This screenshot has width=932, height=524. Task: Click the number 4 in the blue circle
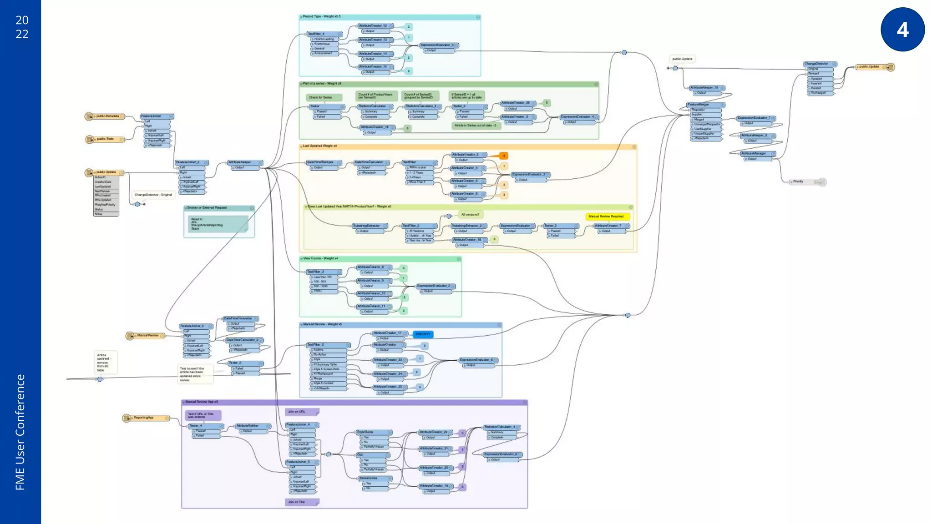pyautogui.click(x=902, y=30)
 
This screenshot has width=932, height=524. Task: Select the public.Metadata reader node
pyautogui.click(x=106, y=116)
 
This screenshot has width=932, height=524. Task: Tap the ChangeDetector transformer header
pyautogui.click(x=819, y=64)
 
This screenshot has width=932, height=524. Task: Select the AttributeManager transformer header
pyautogui.click(x=756, y=154)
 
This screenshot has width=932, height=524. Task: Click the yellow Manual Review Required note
pyautogui.click(x=607, y=217)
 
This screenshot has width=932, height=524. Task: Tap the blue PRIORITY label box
pyautogui.click(x=423, y=334)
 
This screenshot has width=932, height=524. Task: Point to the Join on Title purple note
pyautogui.click(x=300, y=502)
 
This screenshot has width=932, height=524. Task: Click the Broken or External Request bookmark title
pyautogui.click(x=207, y=208)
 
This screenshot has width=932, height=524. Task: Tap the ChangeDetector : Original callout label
pyautogui.click(x=153, y=195)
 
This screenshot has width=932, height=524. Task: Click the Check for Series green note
pyautogui.click(x=324, y=97)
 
